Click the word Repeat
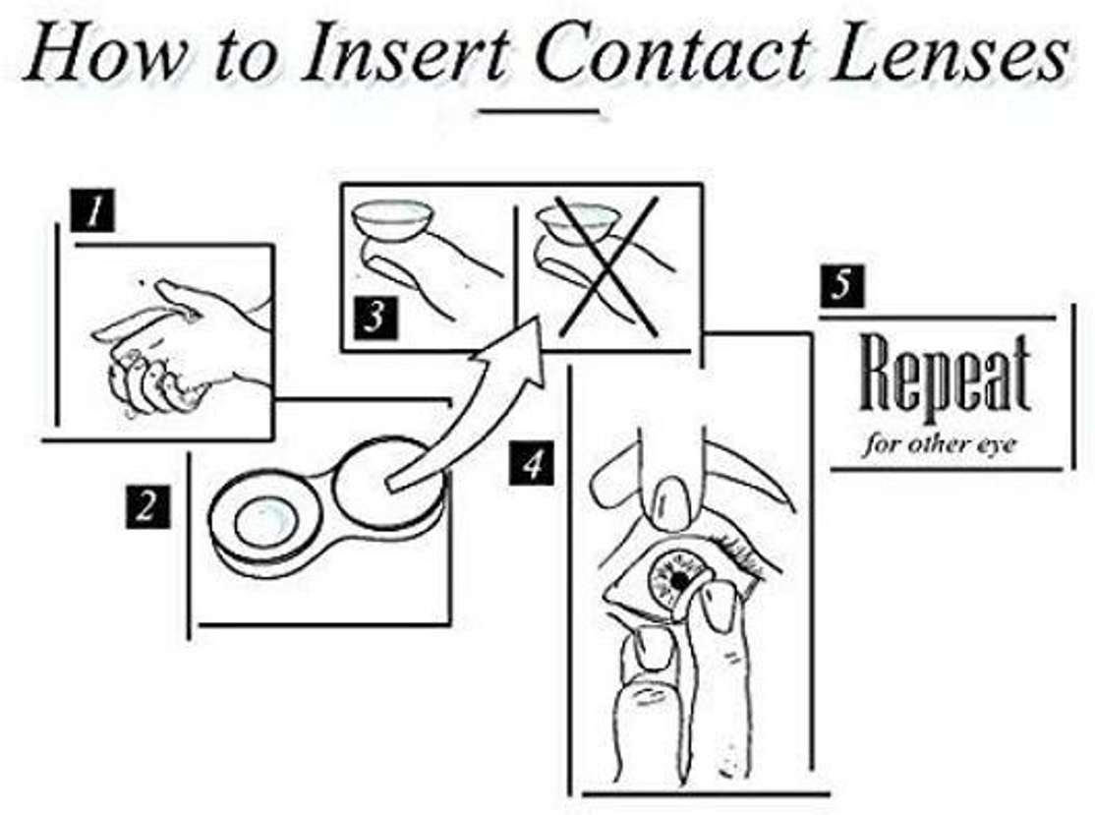[945, 379]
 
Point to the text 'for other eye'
[940, 443]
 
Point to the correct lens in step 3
[395, 215]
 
